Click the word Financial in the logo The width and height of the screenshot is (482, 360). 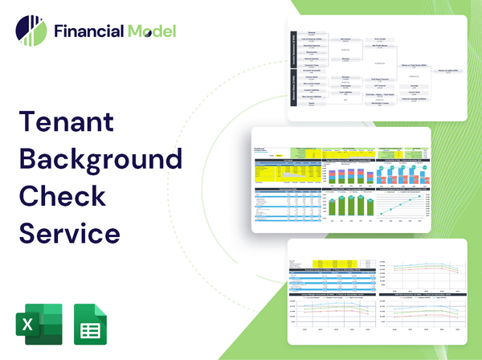click(88, 31)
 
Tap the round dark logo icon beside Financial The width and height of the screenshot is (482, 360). click(31, 31)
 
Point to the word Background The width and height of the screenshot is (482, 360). click(100, 158)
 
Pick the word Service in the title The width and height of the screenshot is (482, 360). click(70, 232)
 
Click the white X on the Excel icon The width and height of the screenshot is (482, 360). click(28, 325)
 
